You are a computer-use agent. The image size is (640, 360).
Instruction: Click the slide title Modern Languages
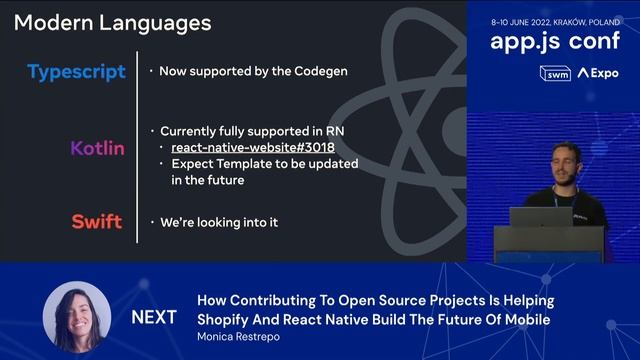coord(112,22)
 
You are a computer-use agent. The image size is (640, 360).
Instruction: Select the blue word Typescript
coord(77,72)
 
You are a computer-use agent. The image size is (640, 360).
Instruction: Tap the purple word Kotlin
coord(97,148)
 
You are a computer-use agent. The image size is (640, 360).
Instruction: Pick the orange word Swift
coord(96,221)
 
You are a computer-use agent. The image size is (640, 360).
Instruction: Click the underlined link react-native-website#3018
coord(252,148)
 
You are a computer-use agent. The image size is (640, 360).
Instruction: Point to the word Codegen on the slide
coord(319,72)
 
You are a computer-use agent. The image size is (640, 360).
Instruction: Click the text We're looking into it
coord(219,222)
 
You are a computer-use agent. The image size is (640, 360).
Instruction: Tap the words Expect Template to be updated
coord(264,164)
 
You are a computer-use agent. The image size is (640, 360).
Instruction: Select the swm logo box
coord(554,73)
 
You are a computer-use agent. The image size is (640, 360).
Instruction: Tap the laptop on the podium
coord(540,216)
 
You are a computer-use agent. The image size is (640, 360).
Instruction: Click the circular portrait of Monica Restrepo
coord(77,316)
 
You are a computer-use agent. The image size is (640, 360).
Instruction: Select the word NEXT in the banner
coord(154,317)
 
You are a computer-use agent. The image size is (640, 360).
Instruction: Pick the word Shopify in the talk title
coord(226,319)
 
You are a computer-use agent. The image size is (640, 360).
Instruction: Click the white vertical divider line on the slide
coord(137,146)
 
